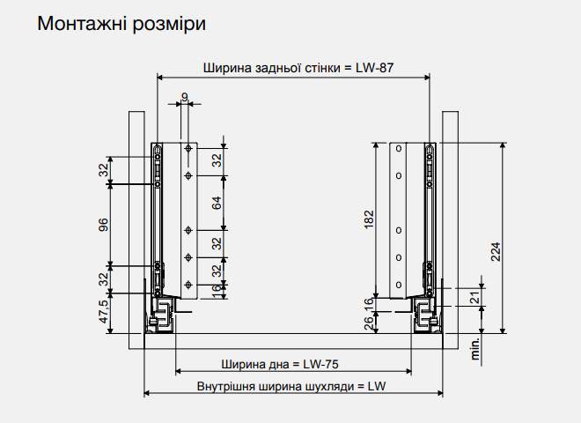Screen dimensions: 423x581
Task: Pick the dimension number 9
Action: tap(185, 97)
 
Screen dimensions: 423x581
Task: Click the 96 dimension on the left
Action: tap(103, 224)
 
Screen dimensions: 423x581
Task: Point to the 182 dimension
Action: tap(369, 219)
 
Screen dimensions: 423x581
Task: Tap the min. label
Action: tap(475, 349)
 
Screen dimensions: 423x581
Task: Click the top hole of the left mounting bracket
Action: tap(188, 149)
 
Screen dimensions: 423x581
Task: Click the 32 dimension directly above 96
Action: tap(103, 169)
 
